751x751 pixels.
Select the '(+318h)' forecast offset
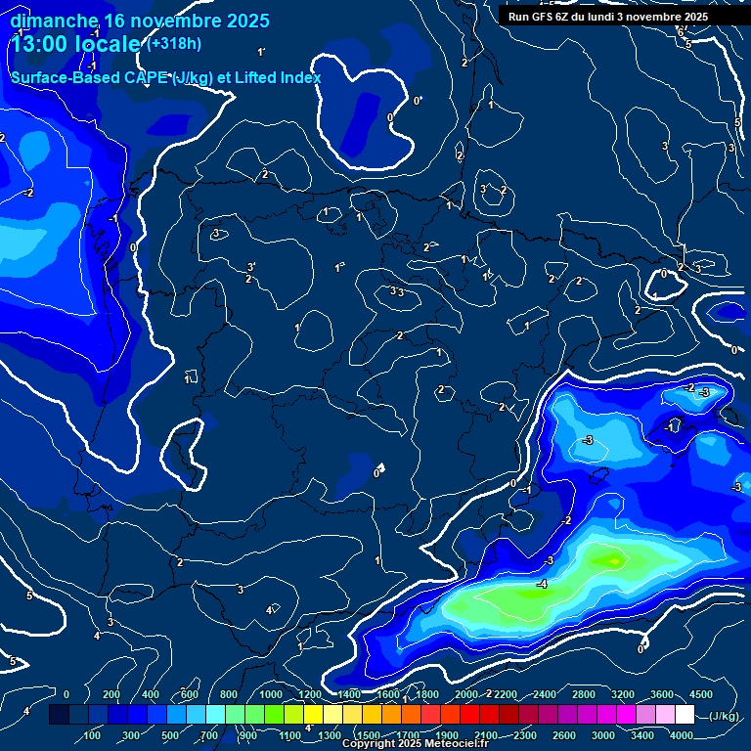tap(174, 43)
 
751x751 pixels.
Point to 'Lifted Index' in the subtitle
tap(276, 77)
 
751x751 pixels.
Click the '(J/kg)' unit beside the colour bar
tap(724, 716)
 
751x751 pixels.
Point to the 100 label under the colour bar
tap(93, 735)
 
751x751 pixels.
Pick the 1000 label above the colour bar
tap(271, 694)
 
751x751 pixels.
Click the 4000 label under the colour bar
tap(682, 735)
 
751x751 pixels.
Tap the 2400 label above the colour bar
tap(545, 694)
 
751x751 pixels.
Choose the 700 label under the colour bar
tap(210, 735)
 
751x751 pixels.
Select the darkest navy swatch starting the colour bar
tap(59, 716)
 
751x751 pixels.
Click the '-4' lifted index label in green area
tap(541, 584)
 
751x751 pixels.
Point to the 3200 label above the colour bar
tap(623, 694)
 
